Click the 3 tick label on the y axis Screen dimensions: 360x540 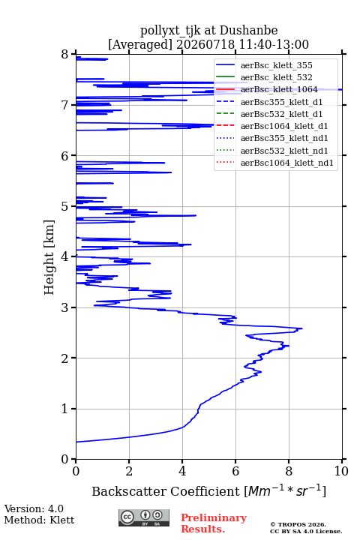(65, 307)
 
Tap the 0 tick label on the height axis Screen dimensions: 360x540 (65, 459)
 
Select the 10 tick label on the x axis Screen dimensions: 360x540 (341, 471)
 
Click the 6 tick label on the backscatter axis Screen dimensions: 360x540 (235, 471)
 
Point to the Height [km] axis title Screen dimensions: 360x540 (49, 257)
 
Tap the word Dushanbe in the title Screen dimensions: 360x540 (249, 31)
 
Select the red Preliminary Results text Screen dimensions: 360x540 (214, 523)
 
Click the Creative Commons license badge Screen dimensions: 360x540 (144, 518)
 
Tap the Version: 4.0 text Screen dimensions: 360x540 (34, 508)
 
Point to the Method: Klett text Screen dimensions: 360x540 (39, 520)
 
